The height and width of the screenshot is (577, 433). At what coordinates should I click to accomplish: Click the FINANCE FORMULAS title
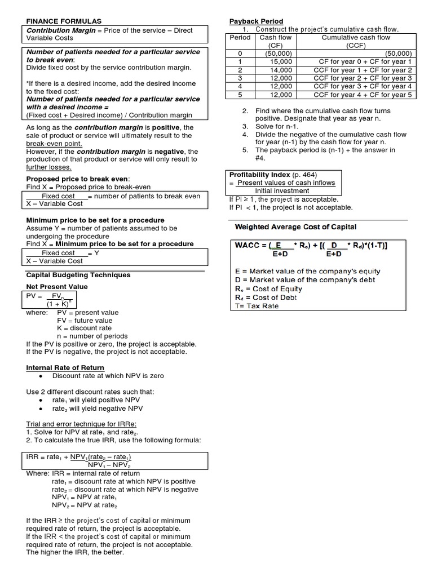pos(65,21)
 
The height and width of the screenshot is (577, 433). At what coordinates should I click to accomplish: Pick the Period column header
pos(240,38)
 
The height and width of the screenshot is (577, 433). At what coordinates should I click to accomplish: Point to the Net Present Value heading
pos(57,287)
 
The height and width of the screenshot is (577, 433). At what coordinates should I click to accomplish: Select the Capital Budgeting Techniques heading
pos(78,275)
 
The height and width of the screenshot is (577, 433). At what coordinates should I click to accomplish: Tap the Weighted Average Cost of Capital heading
pos(295,227)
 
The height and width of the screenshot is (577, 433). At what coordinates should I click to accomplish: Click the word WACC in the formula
pos(249,245)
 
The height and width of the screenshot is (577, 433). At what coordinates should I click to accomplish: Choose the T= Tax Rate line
pos(257,306)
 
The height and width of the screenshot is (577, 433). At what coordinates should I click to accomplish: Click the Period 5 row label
pos(240,95)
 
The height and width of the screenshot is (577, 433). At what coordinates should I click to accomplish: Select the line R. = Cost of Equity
pos(268,288)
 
